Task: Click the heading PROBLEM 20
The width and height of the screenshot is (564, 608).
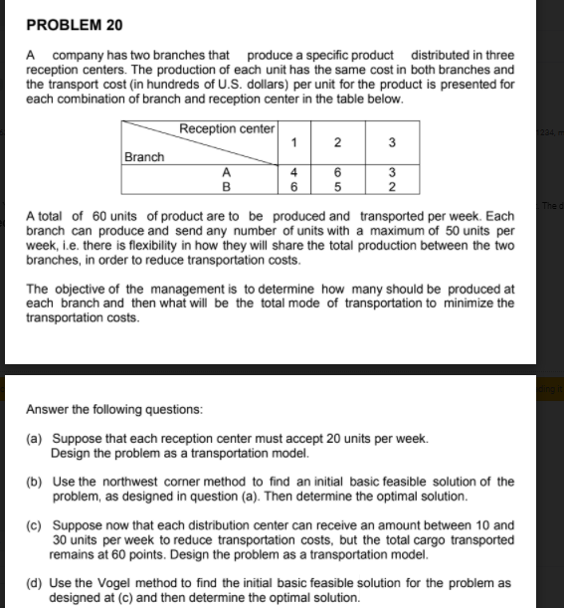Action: tap(68, 23)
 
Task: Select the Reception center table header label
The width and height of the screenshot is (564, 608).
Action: tap(227, 128)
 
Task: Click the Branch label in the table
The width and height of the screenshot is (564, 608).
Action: tap(144, 156)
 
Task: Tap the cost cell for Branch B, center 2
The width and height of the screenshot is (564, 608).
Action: tap(338, 185)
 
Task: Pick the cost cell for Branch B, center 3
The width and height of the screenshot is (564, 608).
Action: tap(391, 185)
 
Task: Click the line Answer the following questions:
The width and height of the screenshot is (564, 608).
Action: tap(114, 409)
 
